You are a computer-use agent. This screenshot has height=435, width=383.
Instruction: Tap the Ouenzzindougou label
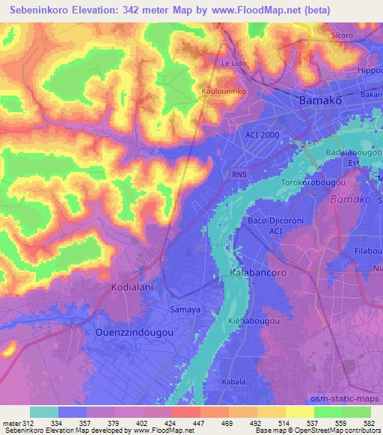pyautogui.click(x=135, y=330)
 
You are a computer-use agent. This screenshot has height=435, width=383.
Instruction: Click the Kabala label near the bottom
pyautogui.click(x=233, y=382)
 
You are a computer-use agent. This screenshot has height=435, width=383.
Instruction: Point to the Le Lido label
pyautogui.click(x=233, y=64)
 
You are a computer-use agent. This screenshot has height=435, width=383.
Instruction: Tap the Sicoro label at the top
pyautogui.click(x=341, y=35)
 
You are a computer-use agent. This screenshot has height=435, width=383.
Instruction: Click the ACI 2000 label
pyautogui.click(x=262, y=135)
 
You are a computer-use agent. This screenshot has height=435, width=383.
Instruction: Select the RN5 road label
pyautogui.click(x=239, y=175)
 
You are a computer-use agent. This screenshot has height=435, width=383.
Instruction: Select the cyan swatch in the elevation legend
pyautogui.click(x=44, y=412)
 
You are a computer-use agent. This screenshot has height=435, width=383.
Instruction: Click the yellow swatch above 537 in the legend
pyautogui.click(x=299, y=412)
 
